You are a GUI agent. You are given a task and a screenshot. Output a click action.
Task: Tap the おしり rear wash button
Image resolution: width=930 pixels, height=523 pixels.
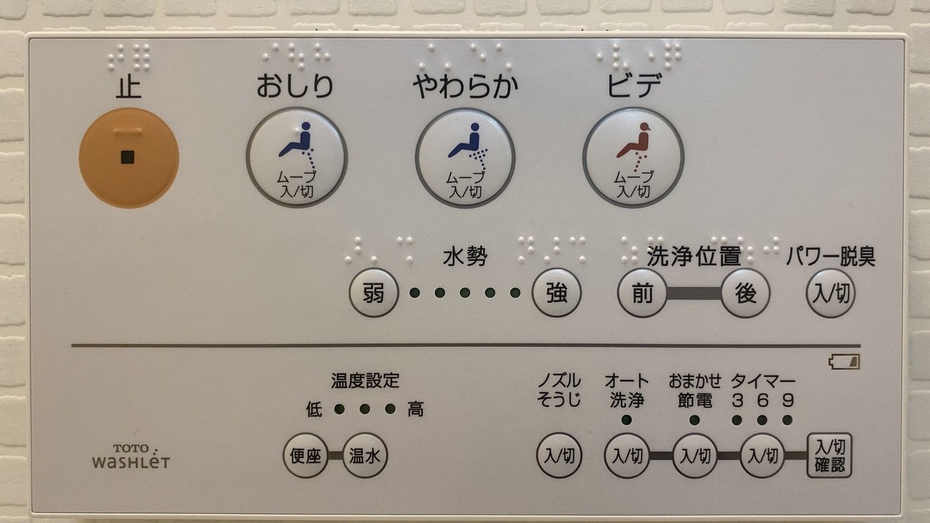coord(296,158)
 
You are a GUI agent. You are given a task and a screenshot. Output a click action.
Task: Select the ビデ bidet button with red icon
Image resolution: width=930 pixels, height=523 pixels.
coord(634,158)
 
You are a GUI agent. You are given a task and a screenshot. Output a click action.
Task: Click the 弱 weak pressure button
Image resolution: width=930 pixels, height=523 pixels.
coord(373,293)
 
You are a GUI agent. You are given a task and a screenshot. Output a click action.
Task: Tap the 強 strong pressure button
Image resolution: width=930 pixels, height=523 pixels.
coord(557,293)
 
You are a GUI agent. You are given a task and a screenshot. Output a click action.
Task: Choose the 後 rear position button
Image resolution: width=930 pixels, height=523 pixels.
coord(745,293)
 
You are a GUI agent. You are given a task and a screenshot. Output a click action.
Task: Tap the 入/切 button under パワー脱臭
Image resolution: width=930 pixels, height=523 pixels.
coord(830,293)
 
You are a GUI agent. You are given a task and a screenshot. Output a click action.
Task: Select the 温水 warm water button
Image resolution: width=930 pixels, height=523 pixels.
coord(365,455)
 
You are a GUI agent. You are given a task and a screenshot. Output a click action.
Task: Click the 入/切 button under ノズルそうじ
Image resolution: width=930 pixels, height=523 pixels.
coord(559,455)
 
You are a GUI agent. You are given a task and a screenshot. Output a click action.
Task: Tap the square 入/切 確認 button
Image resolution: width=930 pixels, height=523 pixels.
coord(830,455)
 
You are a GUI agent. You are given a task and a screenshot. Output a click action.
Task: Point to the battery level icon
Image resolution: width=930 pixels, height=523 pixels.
coord(844,362)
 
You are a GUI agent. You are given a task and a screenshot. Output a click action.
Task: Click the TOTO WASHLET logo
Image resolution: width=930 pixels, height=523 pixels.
coord(132,456)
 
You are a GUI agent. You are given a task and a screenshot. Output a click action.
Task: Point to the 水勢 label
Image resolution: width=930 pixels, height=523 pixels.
coord(465,256)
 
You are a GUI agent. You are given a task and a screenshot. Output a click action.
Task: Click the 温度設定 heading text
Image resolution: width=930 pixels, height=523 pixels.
coord(365,380)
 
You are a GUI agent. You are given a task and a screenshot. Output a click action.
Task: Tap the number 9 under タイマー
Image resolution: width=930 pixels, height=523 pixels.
coord(788,400)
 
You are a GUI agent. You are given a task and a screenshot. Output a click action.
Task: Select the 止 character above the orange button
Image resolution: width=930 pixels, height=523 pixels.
coord(129,86)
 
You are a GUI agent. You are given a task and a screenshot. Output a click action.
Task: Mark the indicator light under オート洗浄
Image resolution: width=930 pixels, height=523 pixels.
coord(626,420)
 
